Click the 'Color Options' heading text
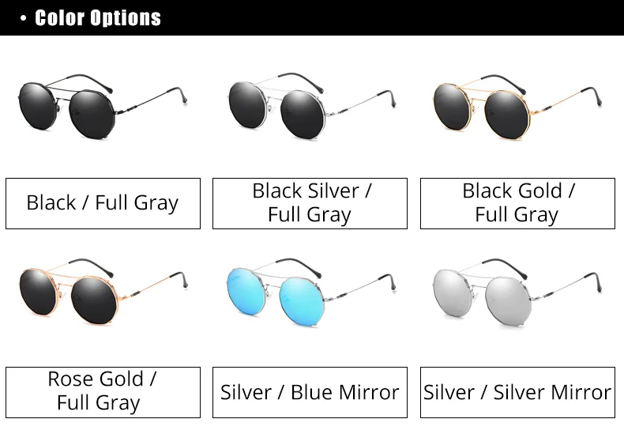click(98, 17)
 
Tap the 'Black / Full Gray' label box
click(103, 203)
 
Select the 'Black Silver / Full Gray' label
click(310, 203)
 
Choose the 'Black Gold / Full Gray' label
click(517, 203)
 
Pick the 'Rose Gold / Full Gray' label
click(103, 391)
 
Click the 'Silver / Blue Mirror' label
click(310, 392)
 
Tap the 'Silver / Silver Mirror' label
click(517, 392)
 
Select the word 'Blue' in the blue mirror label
click(314, 392)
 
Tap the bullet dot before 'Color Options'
click(23, 17)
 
